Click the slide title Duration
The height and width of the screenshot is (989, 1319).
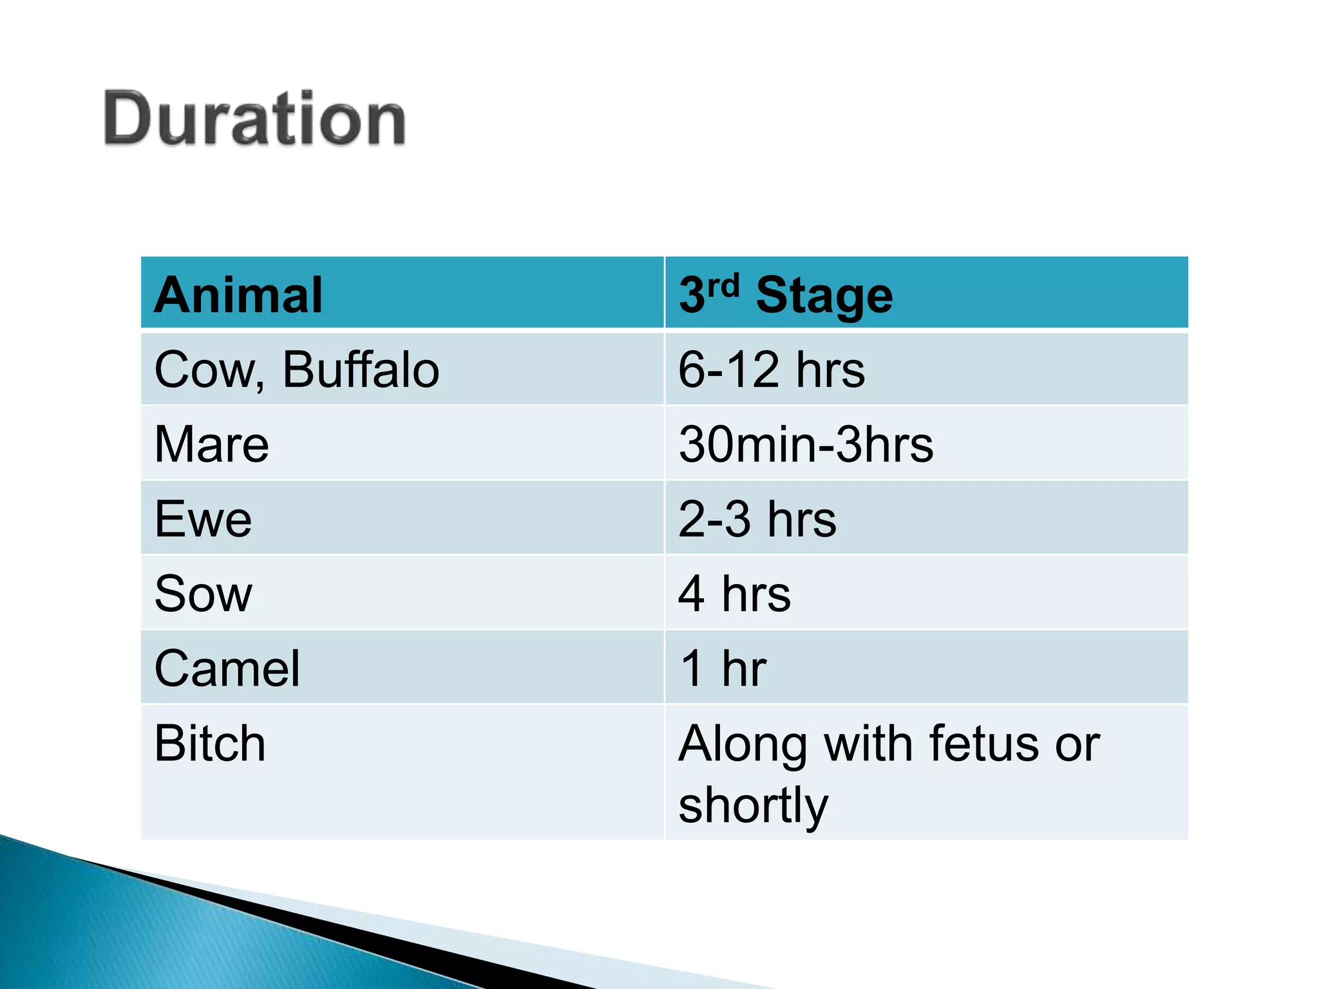[x=254, y=119]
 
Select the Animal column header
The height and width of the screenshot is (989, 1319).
[x=238, y=295]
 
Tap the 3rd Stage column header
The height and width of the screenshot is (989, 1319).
[x=786, y=295]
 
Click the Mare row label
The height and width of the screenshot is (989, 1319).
[x=211, y=444]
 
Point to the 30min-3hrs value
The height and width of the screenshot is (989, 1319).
[x=805, y=444]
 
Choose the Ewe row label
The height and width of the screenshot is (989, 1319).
[x=203, y=519]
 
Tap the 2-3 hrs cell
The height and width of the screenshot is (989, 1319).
[x=757, y=519]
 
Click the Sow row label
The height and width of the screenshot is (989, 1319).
[x=203, y=594]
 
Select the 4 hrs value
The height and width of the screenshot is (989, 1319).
[x=734, y=594]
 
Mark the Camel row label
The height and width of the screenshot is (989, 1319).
[x=227, y=668]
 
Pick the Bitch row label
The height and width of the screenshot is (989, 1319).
[x=209, y=743]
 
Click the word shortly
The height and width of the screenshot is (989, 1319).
[x=753, y=805]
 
